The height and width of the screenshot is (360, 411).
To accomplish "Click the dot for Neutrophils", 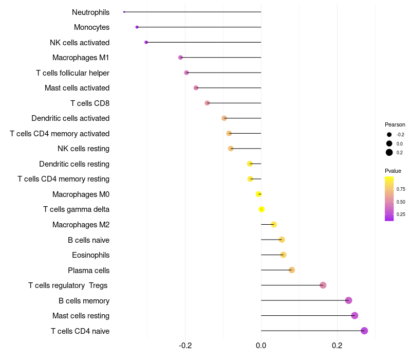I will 124,12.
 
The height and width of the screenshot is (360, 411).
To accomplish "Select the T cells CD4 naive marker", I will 364,331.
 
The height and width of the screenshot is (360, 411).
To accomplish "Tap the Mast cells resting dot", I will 354,316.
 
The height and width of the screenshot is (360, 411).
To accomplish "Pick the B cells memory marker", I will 348,300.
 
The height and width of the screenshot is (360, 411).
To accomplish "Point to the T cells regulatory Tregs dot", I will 323,285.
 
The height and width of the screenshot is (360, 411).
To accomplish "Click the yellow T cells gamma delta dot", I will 261,209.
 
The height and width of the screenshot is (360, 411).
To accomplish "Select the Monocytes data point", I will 137,27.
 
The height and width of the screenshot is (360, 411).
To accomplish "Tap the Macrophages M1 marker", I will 180,58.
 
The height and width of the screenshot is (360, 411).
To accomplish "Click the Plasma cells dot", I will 292,270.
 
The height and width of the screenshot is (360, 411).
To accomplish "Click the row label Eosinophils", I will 90,255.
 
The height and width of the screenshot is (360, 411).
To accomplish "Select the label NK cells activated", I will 80,43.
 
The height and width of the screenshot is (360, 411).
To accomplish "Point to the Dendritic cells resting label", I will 74,164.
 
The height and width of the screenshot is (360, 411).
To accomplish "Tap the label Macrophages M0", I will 81,194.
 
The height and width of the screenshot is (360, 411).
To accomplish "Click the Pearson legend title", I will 395,124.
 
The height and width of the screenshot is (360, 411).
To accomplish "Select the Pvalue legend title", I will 393,171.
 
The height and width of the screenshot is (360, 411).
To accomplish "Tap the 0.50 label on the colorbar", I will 401,202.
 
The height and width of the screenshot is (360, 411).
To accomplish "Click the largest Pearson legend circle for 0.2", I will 389,152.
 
